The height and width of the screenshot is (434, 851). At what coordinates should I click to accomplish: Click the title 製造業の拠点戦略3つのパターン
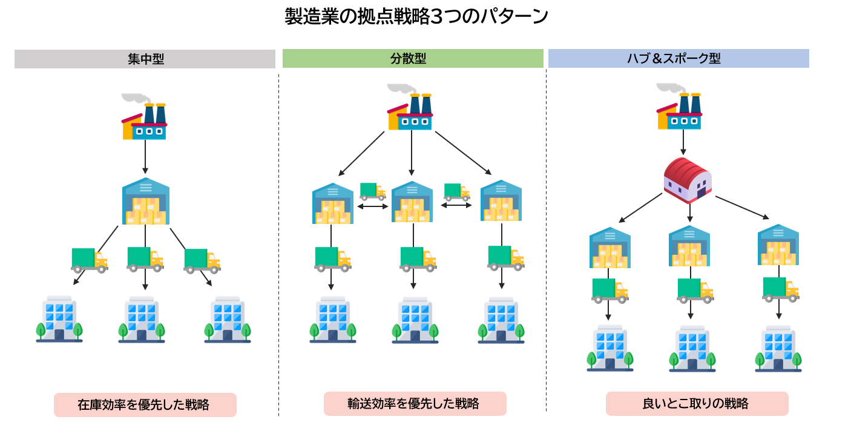416,16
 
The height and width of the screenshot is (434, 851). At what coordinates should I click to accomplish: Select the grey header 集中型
145,59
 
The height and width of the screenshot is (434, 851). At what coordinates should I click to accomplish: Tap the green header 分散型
413,58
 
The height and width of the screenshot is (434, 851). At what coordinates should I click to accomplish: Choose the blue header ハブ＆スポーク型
678,58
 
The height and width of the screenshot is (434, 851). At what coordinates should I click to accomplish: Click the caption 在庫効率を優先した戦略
145,405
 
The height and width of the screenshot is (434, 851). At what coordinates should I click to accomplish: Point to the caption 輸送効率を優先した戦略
415,404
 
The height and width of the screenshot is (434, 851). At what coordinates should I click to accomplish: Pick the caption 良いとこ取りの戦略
697,404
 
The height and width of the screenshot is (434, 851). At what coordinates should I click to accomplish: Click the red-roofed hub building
688,179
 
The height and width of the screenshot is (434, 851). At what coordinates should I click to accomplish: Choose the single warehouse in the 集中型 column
145,202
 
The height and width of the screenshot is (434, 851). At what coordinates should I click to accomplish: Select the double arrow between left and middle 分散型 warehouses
373,206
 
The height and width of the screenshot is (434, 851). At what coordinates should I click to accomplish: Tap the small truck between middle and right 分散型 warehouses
457,191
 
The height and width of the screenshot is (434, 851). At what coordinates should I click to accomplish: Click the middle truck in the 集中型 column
145,258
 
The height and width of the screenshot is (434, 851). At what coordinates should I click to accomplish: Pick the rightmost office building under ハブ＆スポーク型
778,349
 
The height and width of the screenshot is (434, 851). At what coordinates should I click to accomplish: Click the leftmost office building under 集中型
59,319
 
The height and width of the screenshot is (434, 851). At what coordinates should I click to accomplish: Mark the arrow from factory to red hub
683,143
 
